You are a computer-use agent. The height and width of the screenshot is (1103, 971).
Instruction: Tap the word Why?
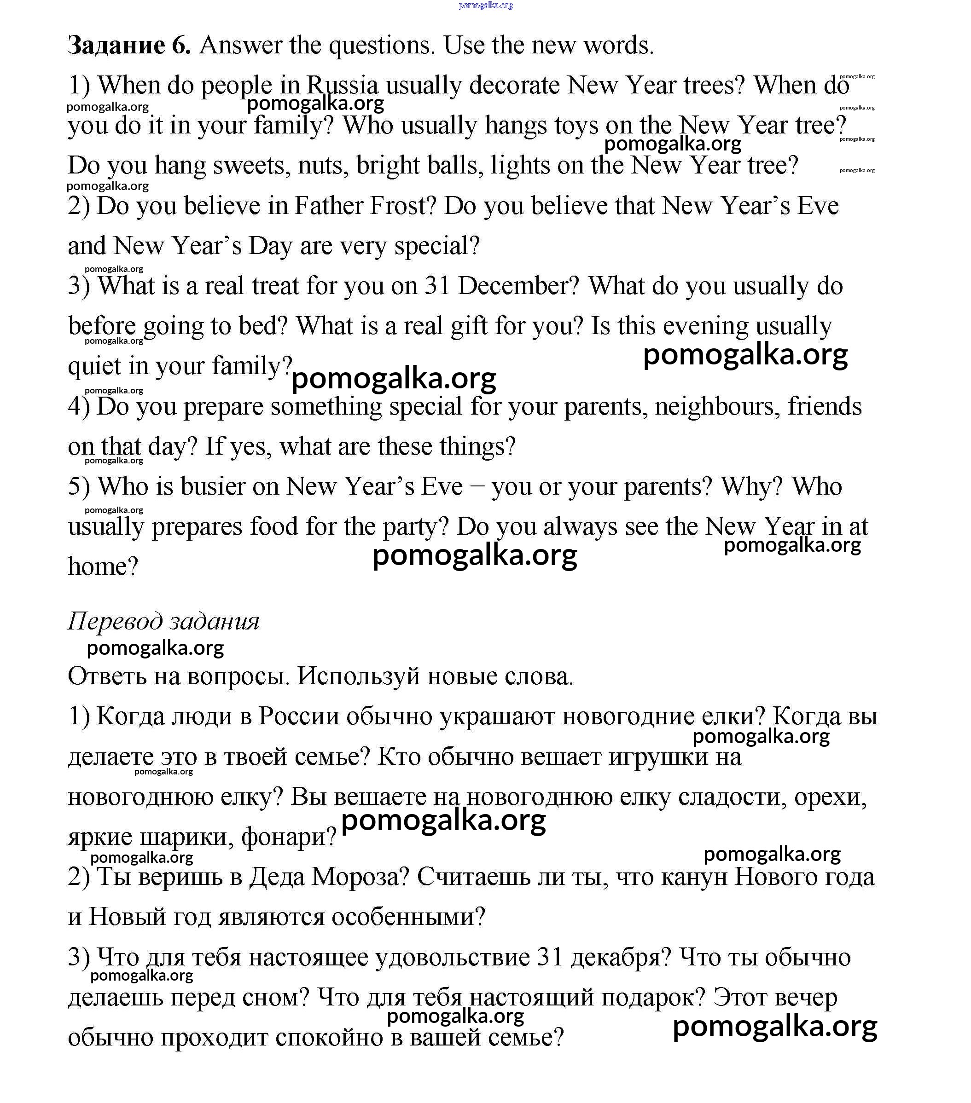(752, 486)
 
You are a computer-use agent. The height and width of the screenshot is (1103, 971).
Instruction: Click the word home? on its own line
(103, 566)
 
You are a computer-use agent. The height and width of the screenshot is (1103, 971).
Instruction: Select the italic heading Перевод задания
(163, 621)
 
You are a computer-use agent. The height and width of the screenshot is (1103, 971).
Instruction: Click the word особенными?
(408, 917)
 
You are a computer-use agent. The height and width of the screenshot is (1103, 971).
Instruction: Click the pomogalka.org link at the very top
(485, 6)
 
